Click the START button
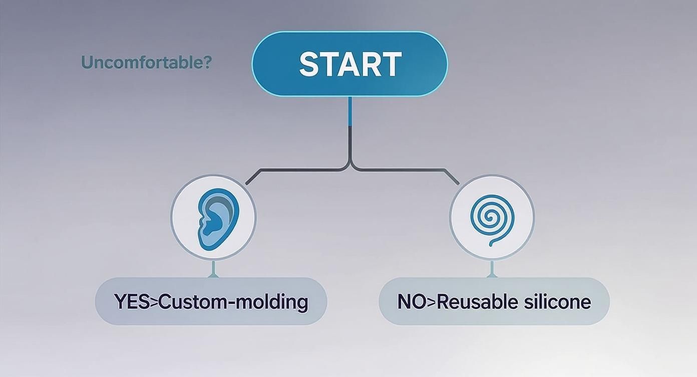click(350, 64)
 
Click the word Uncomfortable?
click(146, 62)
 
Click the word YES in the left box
click(132, 302)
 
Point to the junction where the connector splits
click(351, 168)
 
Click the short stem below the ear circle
click(213, 269)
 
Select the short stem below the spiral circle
click(492, 269)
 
